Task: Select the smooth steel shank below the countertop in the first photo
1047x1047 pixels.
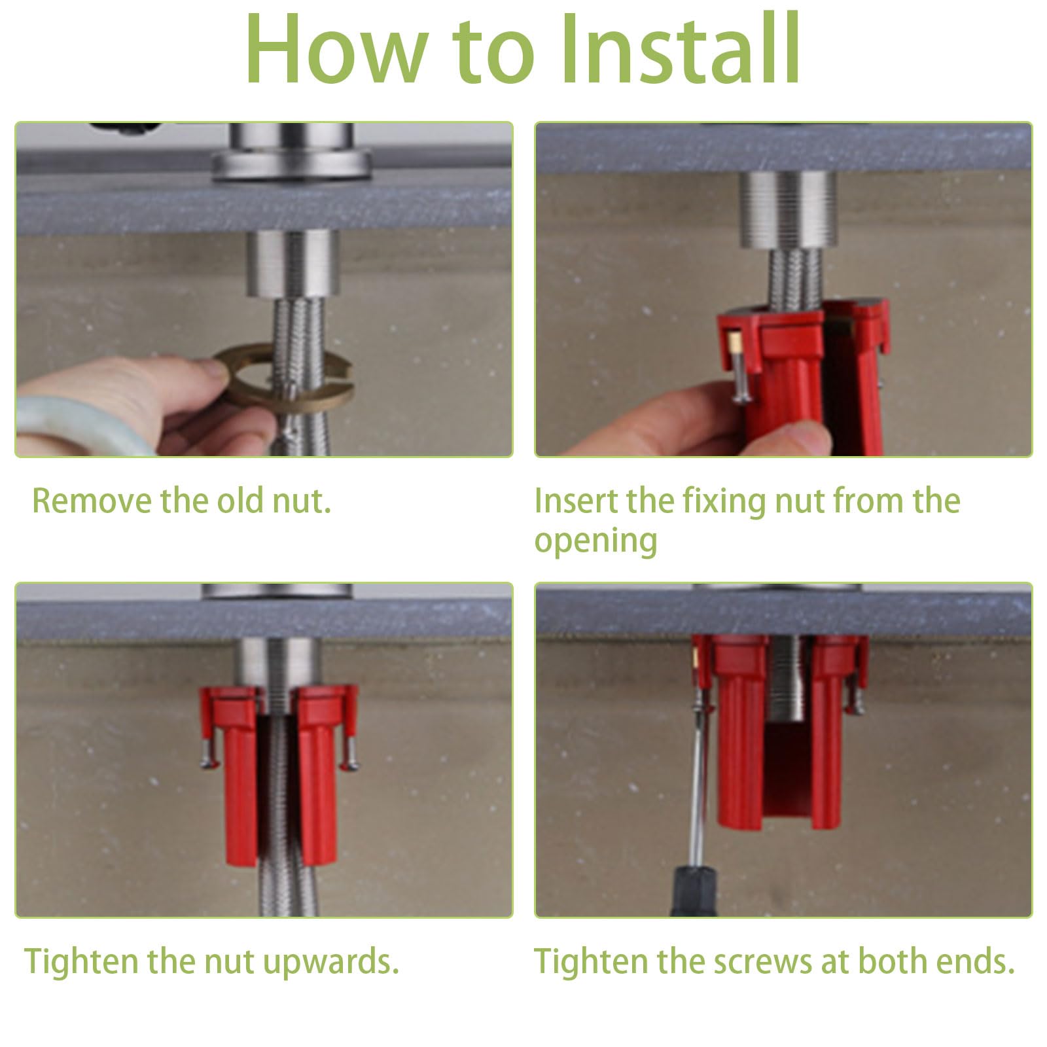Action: click(x=292, y=265)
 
